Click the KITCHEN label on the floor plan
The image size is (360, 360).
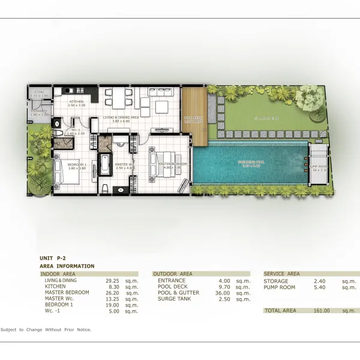point(76,102)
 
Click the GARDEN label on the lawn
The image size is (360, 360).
point(264,119)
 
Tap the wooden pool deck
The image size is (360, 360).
point(194,117)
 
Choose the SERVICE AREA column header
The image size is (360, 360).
point(281,274)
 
